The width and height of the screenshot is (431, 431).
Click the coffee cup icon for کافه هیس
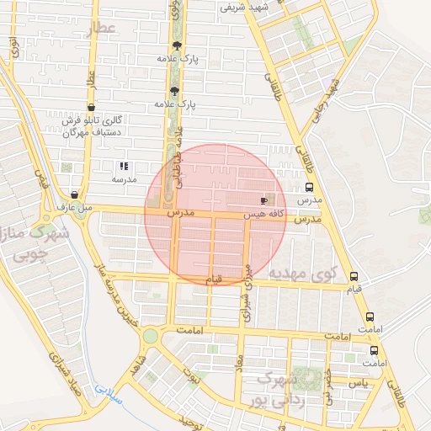coord(263,201)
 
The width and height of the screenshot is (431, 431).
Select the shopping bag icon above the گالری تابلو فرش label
coord(90,107)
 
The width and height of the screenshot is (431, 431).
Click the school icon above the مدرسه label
coord(124,166)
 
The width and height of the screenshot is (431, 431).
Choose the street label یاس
coord(359,384)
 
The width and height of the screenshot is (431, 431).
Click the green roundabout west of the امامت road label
coord(150,337)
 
